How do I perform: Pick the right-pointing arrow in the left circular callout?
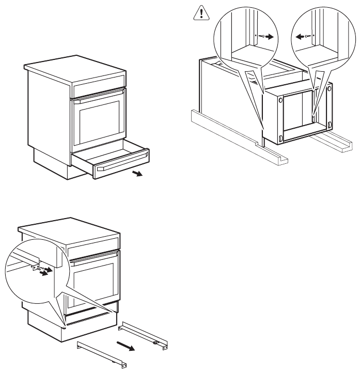(268, 36)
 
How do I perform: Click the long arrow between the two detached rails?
(127, 344)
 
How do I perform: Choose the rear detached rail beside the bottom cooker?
(145, 336)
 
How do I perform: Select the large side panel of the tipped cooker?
(227, 98)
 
